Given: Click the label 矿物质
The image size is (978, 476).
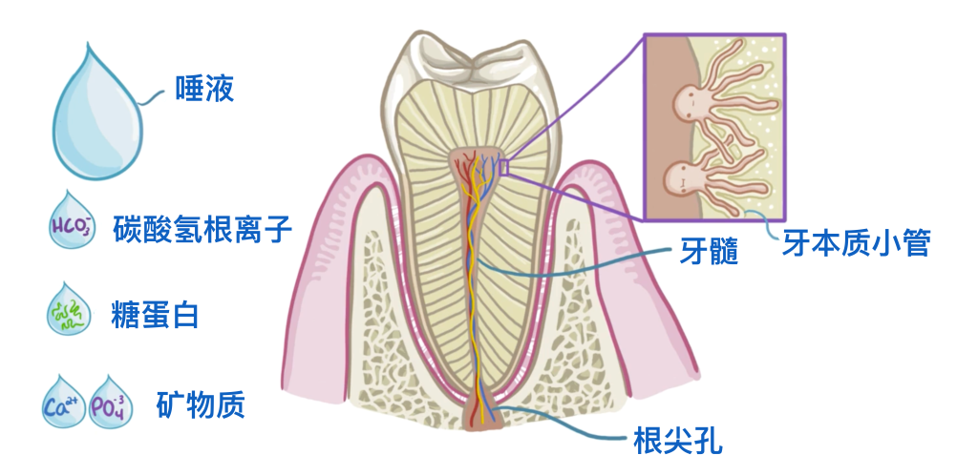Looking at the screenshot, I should [201, 404].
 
